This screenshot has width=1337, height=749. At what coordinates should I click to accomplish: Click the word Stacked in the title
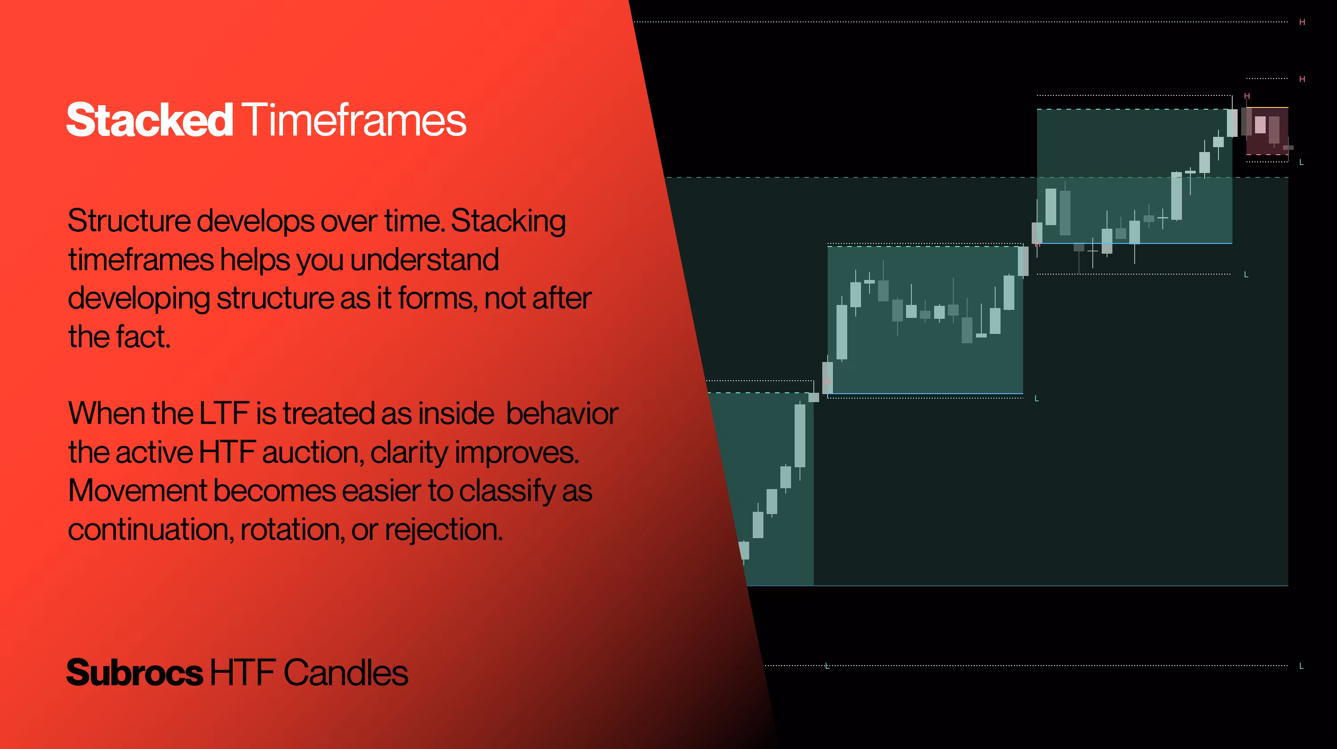tap(149, 120)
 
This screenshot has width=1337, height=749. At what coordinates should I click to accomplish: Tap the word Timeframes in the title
tap(354, 120)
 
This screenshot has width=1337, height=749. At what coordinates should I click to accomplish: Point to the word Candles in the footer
tap(346, 673)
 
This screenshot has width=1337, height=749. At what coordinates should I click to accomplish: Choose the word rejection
tap(444, 531)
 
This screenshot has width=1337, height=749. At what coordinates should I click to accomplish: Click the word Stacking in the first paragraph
tap(508, 222)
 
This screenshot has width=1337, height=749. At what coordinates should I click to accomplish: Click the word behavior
tap(562, 414)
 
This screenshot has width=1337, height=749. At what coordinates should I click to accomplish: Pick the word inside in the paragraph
tap(456, 414)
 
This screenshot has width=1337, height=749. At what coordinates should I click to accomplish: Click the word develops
tap(255, 222)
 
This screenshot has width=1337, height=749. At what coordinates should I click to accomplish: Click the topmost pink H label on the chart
tap(1302, 22)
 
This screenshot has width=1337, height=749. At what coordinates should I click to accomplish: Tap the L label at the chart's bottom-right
tap(1301, 666)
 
